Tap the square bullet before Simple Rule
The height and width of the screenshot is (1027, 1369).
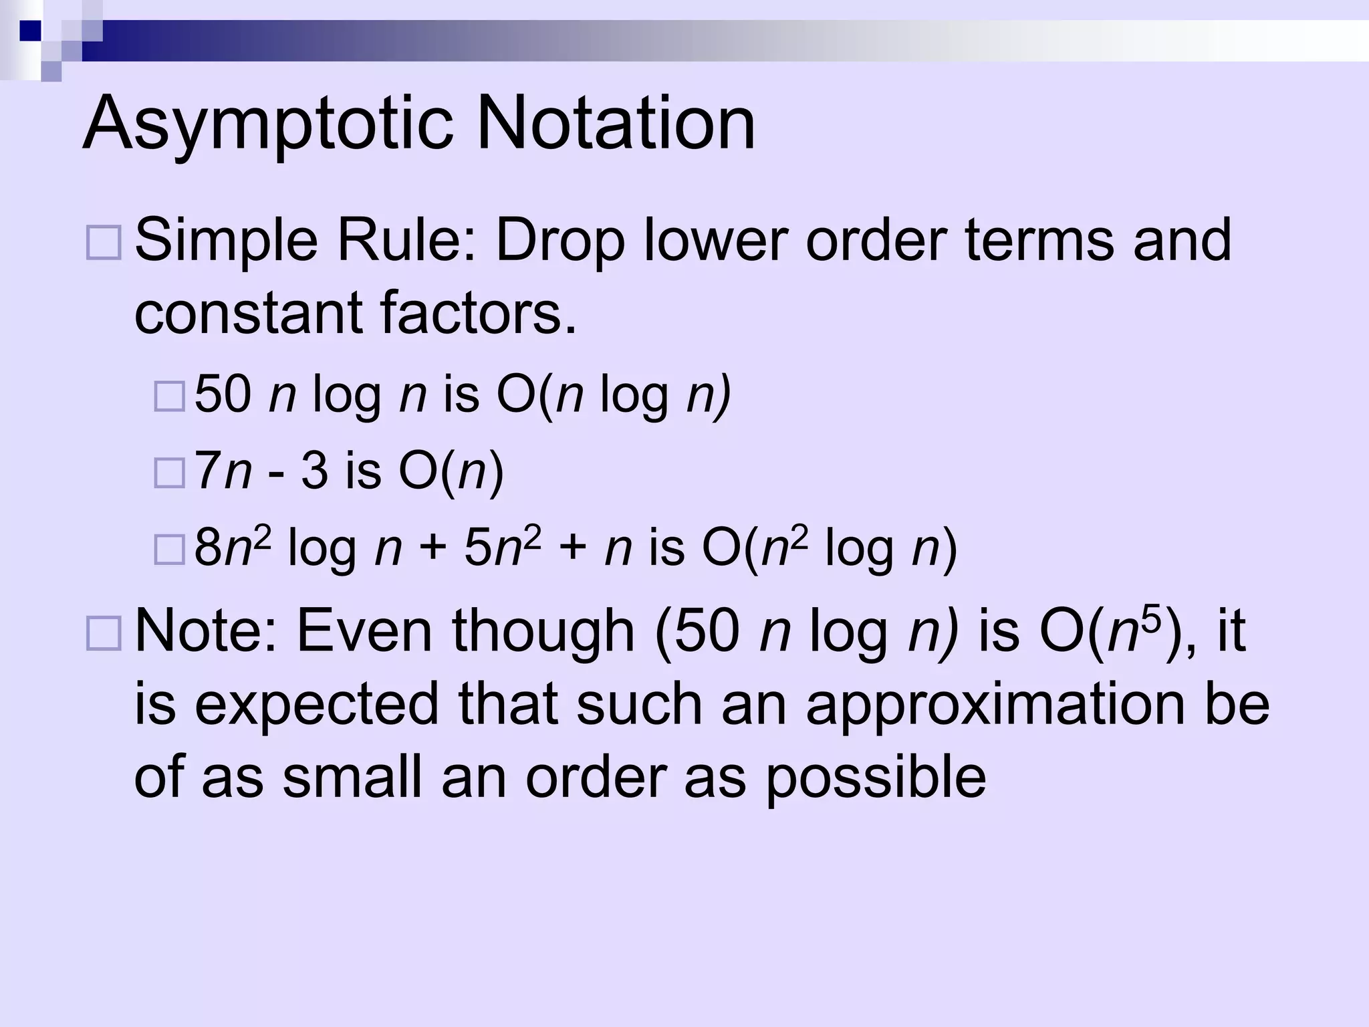pos(104,243)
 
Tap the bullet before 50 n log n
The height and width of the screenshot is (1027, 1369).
pos(169,396)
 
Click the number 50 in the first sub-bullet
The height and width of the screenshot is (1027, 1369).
pos(223,394)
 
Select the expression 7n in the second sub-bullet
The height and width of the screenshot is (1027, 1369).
pos(223,471)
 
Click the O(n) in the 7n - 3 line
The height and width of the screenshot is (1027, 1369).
pos(451,471)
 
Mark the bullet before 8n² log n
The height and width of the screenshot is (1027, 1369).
pos(169,550)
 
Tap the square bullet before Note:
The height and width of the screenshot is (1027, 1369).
pos(104,633)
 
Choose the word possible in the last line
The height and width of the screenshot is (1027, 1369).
pos(876,778)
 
